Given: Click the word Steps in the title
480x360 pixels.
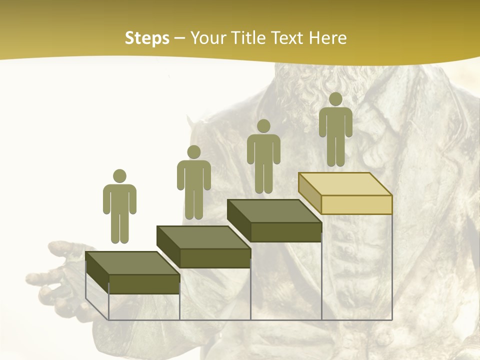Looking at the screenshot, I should click(x=147, y=38).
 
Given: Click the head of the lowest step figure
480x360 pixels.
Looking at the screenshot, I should click(x=119, y=176).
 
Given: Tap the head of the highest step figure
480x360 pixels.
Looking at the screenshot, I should click(x=335, y=99).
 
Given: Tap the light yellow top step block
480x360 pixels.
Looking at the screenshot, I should click(x=345, y=184).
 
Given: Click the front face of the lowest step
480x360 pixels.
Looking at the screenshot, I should click(x=144, y=284).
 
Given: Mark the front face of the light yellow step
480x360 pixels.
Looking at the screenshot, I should click(x=356, y=204).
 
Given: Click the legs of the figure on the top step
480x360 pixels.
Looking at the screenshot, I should click(x=335, y=152).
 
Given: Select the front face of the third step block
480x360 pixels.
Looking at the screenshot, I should click(x=285, y=232).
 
